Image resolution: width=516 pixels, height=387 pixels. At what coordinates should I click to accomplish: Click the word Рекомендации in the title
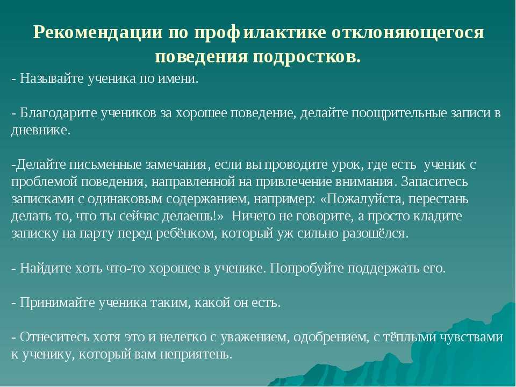point(98,33)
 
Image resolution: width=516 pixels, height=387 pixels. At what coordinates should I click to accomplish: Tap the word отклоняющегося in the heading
point(408,33)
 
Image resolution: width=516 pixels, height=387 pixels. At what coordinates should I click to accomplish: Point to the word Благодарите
point(59,113)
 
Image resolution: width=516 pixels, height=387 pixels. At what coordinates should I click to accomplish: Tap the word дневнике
point(41,130)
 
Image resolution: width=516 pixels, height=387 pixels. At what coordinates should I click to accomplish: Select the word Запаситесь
point(434,182)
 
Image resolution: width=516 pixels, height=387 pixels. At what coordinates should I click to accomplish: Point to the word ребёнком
point(187,234)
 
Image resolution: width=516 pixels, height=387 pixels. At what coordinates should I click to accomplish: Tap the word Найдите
point(46,268)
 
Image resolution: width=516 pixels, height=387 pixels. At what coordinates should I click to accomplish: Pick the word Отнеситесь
point(55,338)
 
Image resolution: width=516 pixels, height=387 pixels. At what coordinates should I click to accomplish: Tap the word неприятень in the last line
point(197,354)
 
